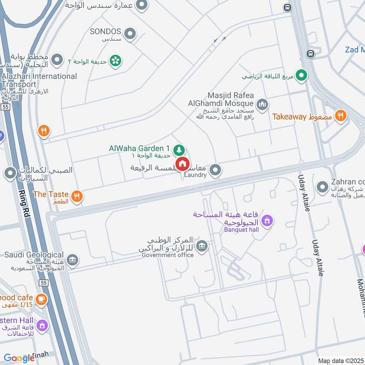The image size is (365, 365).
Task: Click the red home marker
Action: click(x=182, y=164)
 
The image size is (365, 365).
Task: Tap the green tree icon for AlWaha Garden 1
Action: click(x=179, y=149)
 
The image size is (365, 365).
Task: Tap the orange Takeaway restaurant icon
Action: click(x=340, y=116)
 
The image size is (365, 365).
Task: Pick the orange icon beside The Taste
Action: click(x=77, y=196)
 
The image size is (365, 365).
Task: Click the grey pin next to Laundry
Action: click(x=216, y=171)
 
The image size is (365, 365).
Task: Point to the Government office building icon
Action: click(x=202, y=246)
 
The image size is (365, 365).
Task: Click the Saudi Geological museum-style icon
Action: click(x=72, y=260)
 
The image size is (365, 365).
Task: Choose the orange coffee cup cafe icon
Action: click(x=42, y=299)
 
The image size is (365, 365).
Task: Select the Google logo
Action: click(x=19, y=358)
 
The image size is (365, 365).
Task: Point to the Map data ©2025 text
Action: click(x=340, y=360)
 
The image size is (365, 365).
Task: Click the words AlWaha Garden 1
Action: click(x=139, y=148)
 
